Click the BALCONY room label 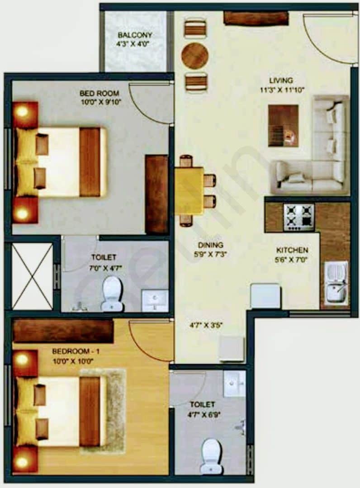(135, 35)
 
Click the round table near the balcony (195, 56)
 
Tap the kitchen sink (336, 285)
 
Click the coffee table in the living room (283, 125)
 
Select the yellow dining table (189, 190)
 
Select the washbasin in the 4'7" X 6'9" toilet (235, 384)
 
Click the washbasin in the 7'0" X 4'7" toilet (155, 300)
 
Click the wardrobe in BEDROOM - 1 (63, 331)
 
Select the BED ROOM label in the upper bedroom (99, 93)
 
